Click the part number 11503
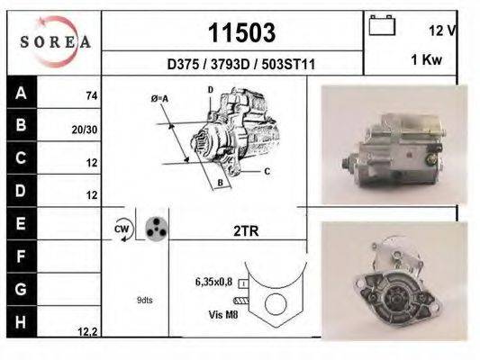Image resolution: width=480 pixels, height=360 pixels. [240, 33]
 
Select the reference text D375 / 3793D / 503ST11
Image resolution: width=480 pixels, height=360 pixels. [240, 65]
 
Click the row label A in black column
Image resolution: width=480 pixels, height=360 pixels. [22, 93]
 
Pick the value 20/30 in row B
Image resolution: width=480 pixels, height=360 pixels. [85, 129]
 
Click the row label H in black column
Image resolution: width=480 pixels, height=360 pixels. [22, 321]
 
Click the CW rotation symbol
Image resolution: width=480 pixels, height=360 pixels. [122, 229]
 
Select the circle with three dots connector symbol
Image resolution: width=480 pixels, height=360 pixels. [157, 229]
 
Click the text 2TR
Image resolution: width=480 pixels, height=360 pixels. [246, 231]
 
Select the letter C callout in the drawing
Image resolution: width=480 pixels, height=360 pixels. [267, 169]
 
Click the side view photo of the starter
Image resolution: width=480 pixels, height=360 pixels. [394, 145]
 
